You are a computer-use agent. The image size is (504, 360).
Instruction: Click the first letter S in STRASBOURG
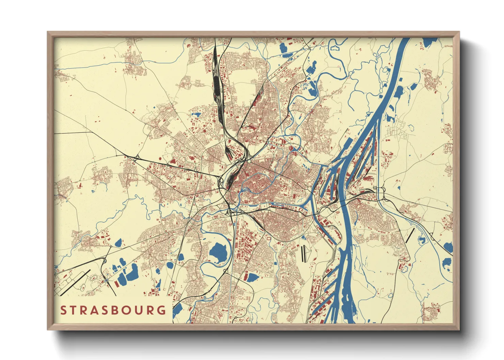[x=63, y=310]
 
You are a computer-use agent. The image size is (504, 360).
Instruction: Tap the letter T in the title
[x=76, y=310]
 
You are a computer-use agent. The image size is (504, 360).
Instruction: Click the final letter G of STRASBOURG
[x=162, y=310]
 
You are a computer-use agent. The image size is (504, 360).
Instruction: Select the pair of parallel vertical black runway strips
[x=303, y=253]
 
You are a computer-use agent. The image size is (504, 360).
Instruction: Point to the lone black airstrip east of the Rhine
[x=410, y=235]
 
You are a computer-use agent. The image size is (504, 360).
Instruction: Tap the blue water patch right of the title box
[x=177, y=310]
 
